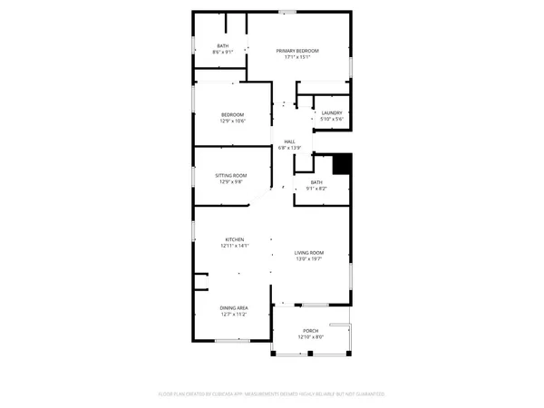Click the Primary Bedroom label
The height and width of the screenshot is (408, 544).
pos(298,51)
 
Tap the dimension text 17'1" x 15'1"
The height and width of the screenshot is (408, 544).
pos(298,57)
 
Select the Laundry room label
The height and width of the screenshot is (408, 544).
pos(331,113)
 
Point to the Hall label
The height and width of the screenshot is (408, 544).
pos(290,141)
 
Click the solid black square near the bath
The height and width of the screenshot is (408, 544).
pos(342,164)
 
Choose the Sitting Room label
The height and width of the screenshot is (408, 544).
pos(231,175)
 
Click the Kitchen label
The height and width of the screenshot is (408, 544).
pos(235,239)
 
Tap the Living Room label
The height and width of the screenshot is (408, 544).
pos(309,252)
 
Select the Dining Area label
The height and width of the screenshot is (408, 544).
pos(234,308)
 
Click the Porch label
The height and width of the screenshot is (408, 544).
pos(310,331)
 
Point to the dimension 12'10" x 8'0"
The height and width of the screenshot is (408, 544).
pos(310,337)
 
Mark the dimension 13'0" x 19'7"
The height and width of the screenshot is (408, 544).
pos(309,258)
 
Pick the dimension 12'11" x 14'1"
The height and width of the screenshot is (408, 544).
pos(235,246)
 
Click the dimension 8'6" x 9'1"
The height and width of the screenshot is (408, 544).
pos(222,53)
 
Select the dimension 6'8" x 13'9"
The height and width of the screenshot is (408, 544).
pos(290,148)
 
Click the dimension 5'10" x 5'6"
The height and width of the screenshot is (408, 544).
pos(331,120)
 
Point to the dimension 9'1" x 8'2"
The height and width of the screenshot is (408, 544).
pos(316,189)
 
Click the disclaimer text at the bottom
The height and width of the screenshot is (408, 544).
pos(272,394)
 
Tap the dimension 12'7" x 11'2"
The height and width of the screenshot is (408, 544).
pos(234,315)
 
